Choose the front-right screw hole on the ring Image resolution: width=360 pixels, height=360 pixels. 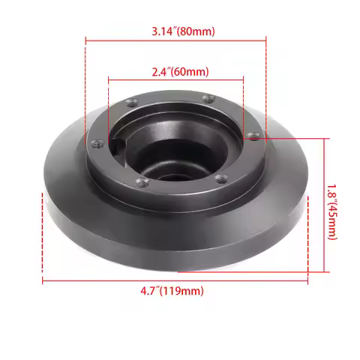tap(221, 178)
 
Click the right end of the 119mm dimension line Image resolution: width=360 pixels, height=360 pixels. tap(308, 282)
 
